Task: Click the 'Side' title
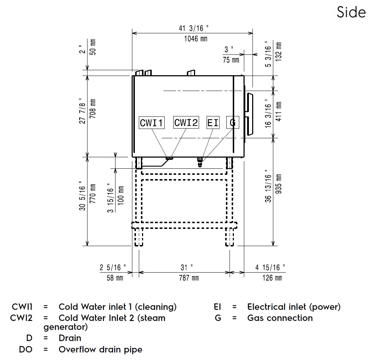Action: tap(351, 13)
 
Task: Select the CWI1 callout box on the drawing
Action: tap(152, 123)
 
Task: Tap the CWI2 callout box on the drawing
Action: tap(186, 123)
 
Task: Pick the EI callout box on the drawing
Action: tap(213, 123)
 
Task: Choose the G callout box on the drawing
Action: tap(232, 123)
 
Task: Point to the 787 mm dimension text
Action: tap(184, 278)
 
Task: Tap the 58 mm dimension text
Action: tap(115, 278)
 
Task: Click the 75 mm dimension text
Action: tap(231, 60)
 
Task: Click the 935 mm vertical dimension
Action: tap(279, 183)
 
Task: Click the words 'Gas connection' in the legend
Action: tap(280, 318)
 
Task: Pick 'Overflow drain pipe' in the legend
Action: tap(100, 349)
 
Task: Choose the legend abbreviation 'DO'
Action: tap(26, 349)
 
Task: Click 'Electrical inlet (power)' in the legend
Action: tap(294, 307)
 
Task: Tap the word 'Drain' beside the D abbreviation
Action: tap(70, 338)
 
